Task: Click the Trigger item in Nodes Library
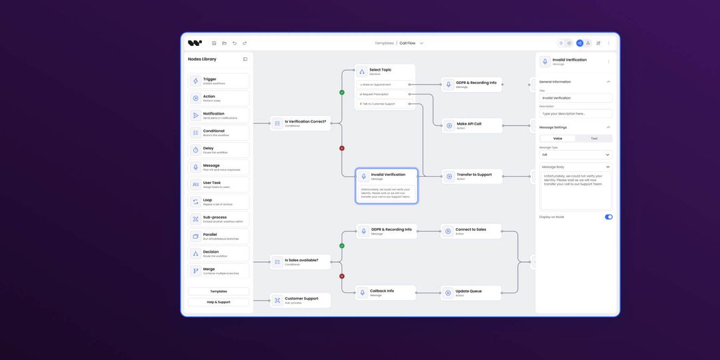point(219,81)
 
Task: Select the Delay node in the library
point(219,150)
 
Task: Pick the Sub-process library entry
point(219,219)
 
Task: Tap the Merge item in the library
point(219,271)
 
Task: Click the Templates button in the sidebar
point(219,291)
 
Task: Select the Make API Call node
point(472,125)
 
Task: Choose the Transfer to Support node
point(472,176)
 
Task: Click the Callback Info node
point(386,292)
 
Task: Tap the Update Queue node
point(471,292)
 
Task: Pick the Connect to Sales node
point(471,231)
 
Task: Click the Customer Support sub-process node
point(300,300)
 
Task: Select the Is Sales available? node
point(300,261)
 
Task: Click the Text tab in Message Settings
point(594,139)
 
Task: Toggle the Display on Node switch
point(609,217)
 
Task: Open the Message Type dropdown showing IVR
point(575,155)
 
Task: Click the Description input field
point(575,113)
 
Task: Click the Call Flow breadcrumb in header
point(408,43)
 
